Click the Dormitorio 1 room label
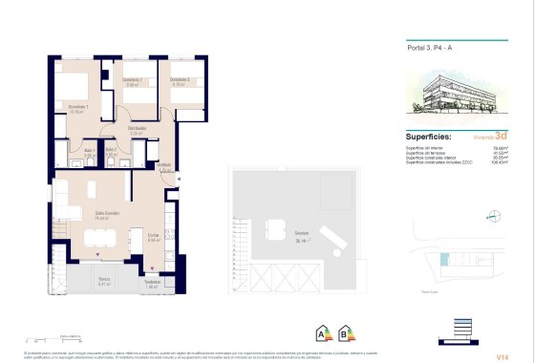click(x=77, y=106)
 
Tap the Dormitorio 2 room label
click(x=134, y=79)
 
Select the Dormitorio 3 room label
click(x=180, y=79)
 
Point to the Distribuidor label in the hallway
click(x=137, y=127)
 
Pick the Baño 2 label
click(x=112, y=150)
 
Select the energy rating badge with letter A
click(x=321, y=334)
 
